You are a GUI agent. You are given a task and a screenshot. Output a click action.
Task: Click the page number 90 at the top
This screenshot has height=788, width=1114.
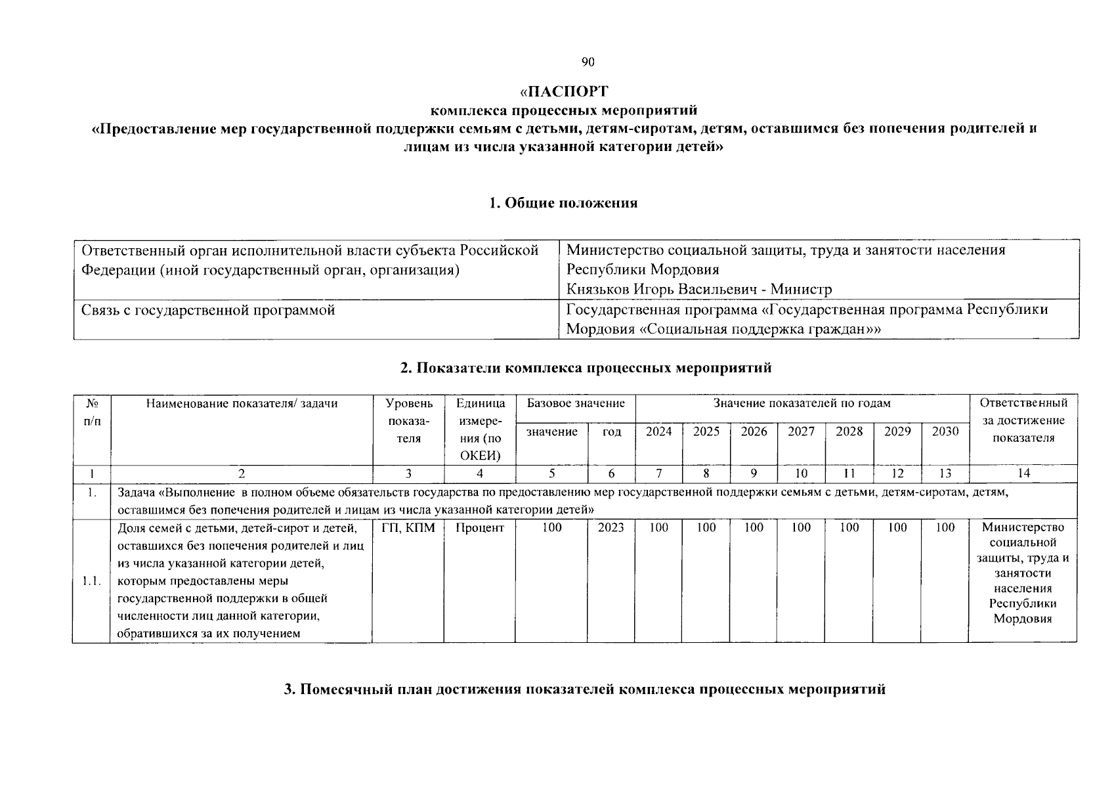pos(588,62)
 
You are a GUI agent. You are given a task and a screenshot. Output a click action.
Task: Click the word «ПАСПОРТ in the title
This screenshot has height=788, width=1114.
pos(563,91)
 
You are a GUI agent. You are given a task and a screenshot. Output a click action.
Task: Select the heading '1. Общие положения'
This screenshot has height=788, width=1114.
pos(563,203)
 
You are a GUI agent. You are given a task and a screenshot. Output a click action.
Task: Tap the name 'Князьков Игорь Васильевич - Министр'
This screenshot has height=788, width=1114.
pos(698,290)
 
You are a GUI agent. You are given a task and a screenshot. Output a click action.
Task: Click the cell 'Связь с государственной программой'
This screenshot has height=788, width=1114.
pos(208,310)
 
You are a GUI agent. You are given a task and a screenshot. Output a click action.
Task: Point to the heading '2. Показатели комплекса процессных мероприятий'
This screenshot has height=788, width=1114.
pos(586,368)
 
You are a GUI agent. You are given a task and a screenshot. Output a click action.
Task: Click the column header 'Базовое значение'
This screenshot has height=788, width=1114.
pos(576,403)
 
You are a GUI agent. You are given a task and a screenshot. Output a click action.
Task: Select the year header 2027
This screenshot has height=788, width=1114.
pos(801,431)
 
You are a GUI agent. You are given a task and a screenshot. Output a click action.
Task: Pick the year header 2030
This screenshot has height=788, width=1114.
pos(945,431)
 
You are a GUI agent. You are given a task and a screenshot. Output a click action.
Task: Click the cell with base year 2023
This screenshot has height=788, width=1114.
pos(611,527)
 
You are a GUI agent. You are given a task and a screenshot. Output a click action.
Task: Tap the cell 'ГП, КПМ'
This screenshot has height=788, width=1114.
pos(408,527)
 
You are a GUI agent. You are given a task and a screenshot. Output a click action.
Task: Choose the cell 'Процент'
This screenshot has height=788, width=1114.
pos(480,527)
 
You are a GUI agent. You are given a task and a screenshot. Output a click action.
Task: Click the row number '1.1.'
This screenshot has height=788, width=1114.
pos(91,580)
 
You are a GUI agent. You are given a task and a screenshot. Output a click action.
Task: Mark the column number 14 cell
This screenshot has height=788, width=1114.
pos(1023,473)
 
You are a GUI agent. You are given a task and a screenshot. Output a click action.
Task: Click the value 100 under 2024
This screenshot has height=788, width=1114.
pos(658,527)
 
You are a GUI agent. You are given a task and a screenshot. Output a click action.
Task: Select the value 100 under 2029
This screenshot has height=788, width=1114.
pos(897,527)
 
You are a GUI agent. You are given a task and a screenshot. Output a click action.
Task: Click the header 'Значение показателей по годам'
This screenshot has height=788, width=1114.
pos(802,403)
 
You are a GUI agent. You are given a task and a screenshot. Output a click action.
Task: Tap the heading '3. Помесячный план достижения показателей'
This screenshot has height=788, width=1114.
pos(584,689)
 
